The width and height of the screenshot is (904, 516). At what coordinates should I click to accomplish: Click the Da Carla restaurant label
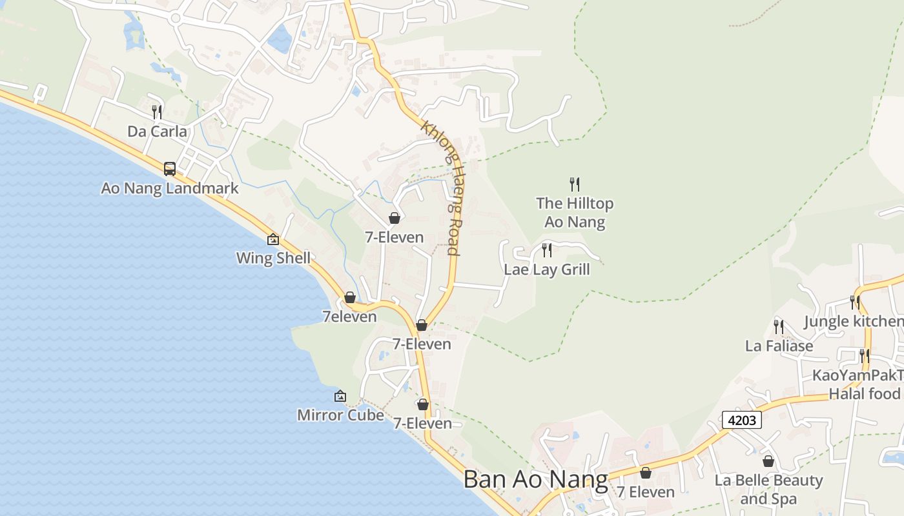(x=157, y=132)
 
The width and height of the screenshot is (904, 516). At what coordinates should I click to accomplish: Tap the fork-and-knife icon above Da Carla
(x=156, y=112)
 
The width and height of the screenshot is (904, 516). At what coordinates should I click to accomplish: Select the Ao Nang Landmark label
(x=170, y=188)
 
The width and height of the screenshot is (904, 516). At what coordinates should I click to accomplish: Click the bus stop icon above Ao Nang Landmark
(x=170, y=169)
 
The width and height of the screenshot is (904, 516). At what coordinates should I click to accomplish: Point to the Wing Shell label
(x=273, y=258)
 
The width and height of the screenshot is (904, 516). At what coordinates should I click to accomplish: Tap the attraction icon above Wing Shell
(x=273, y=239)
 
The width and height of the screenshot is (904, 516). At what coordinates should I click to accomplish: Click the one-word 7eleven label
(x=349, y=317)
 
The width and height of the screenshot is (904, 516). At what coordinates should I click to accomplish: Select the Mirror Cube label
(x=340, y=415)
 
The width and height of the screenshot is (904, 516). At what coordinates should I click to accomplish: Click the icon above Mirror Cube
(x=340, y=396)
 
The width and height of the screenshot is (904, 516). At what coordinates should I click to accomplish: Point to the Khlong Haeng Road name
(x=442, y=187)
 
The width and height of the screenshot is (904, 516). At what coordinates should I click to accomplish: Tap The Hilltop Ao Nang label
(x=575, y=212)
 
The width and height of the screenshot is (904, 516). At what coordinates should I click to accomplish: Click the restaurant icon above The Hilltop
(x=575, y=184)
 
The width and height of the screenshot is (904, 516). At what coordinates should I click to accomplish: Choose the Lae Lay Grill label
(x=547, y=269)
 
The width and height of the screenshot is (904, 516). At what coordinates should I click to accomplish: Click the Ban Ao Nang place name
(x=536, y=479)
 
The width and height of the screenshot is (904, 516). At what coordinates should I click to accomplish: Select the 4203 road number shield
(x=741, y=420)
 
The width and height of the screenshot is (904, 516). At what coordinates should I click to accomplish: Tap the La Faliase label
(x=779, y=346)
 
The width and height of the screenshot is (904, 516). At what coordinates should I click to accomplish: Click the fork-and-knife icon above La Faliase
(x=779, y=327)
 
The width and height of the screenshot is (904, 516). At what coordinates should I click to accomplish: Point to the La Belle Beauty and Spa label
(x=768, y=489)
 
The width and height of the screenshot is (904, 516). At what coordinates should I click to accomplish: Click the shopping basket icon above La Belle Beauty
(x=768, y=461)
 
